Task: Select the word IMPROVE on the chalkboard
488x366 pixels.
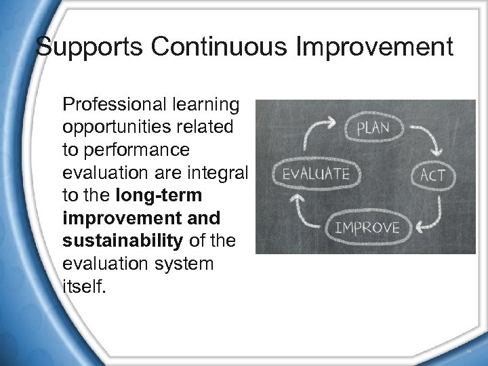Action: point(367,226)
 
